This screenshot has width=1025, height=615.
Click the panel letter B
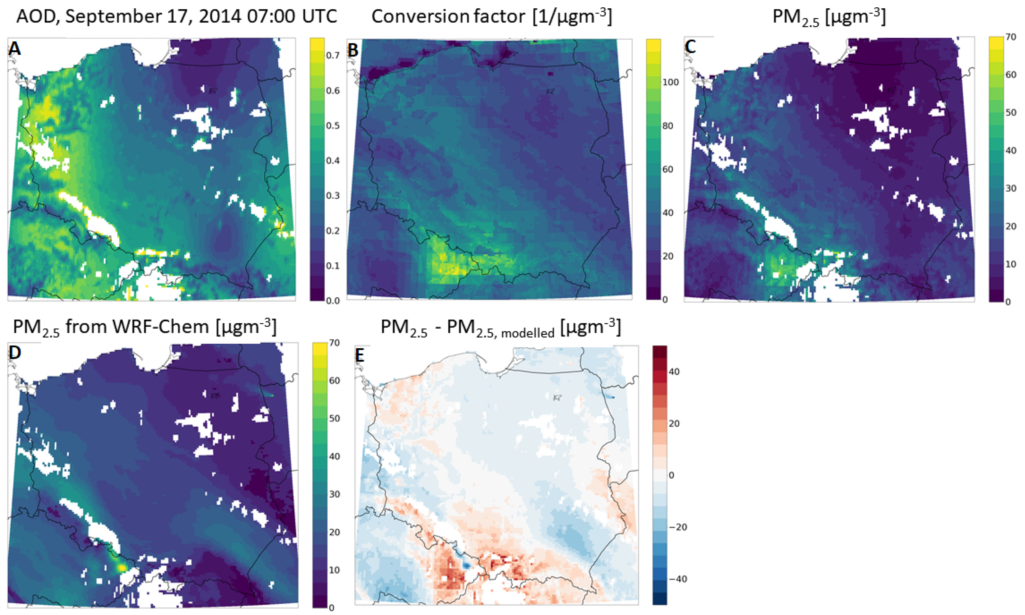tap(353, 49)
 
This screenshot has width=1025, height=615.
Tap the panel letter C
tap(690, 47)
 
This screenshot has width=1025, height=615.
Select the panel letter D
tap(15, 353)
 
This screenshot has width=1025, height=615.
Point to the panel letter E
tap(360, 355)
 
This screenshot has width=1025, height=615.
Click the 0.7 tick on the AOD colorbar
tap(333, 55)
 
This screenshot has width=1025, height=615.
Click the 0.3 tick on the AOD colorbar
tap(333, 195)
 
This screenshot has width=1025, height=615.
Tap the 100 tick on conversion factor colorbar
tap(670, 82)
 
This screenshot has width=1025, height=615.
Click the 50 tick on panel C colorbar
tap(1011, 112)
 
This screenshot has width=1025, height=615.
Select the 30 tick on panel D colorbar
tap(334, 494)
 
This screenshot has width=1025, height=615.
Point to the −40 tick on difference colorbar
tap(678, 579)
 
